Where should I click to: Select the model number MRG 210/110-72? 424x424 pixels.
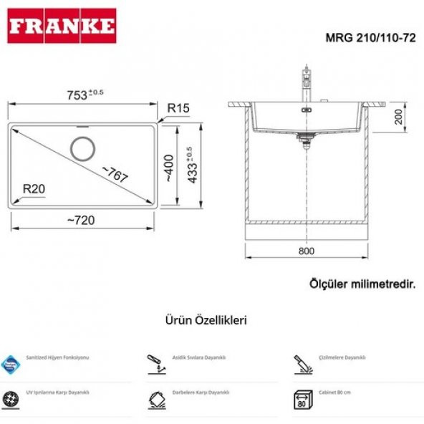pyautogui.click(x=372, y=39)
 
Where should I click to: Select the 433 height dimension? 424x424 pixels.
pyautogui.click(x=189, y=165)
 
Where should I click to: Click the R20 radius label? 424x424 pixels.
pyautogui.click(x=34, y=189)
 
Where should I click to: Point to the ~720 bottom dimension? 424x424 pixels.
pyautogui.click(x=80, y=220)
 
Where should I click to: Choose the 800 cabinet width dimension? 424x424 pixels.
pyautogui.click(x=306, y=251)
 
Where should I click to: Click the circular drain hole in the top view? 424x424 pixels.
pyautogui.click(x=82, y=148)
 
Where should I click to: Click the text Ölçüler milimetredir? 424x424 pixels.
pyautogui.click(x=362, y=284)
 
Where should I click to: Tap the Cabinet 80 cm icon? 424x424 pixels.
pyautogui.click(x=302, y=399)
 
